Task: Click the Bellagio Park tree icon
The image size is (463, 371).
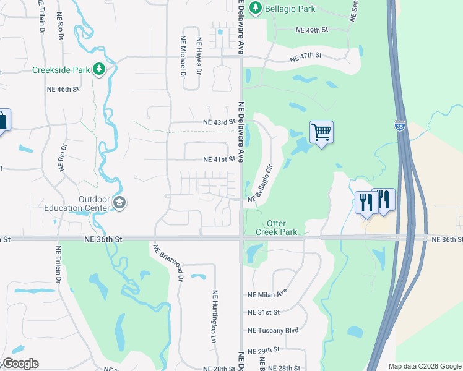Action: (x=256, y=9)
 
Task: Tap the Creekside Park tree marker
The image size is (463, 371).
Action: (x=98, y=69)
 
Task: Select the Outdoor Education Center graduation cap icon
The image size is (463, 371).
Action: (x=119, y=203)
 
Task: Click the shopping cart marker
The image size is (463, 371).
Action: (x=321, y=132)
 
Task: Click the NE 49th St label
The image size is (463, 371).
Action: (x=311, y=30)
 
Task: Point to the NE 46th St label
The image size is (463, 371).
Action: (x=63, y=89)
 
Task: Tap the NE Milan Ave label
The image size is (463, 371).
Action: (x=267, y=294)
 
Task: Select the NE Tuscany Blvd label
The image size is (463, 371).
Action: (x=273, y=330)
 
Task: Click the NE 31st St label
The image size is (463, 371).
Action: (x=264, y=312)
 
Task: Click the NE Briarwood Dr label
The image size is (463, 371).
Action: (x=168, y=263)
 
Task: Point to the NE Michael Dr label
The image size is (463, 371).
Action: (x=183, y=56)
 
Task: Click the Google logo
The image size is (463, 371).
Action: (x=20, y=364)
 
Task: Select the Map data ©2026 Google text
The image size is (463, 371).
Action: (x=424, y=366)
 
